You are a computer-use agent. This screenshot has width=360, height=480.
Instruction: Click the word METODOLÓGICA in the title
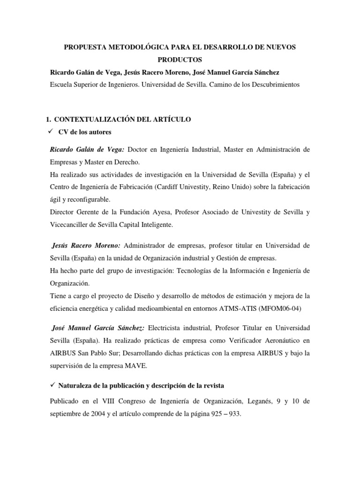pyautogui.click(x=137, y=48)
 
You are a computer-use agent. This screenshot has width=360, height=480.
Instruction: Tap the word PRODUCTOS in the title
pyautogui.click(x=180, y=60)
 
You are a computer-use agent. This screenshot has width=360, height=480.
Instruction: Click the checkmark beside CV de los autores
pyautogui.click(x=52, y=131)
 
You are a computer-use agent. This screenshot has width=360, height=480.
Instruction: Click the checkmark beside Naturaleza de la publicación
pyautogui.click(x=52, y=385)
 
